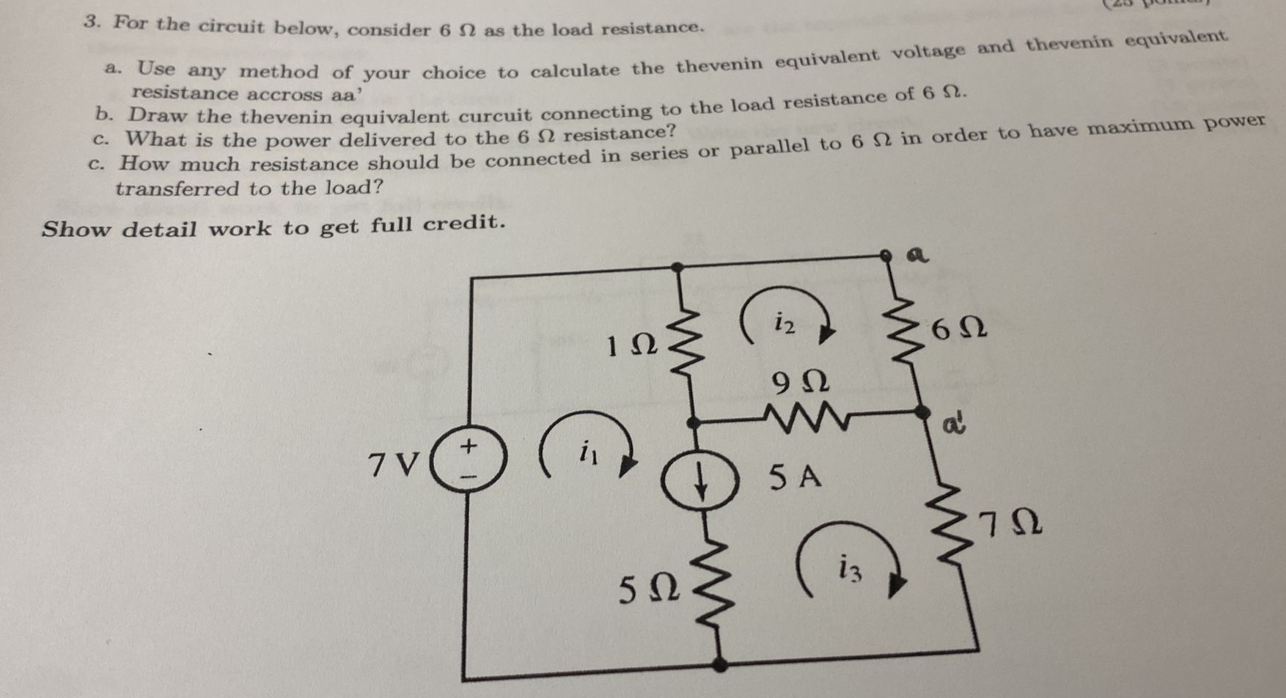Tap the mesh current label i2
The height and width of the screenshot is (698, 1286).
coord(785,322)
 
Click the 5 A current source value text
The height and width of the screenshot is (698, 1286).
coord(796,478)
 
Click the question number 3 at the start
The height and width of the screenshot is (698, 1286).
coord(91,21)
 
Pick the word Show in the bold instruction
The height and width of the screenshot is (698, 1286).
coord(76,229)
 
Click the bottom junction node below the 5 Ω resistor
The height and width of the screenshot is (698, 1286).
coord(720,664)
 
